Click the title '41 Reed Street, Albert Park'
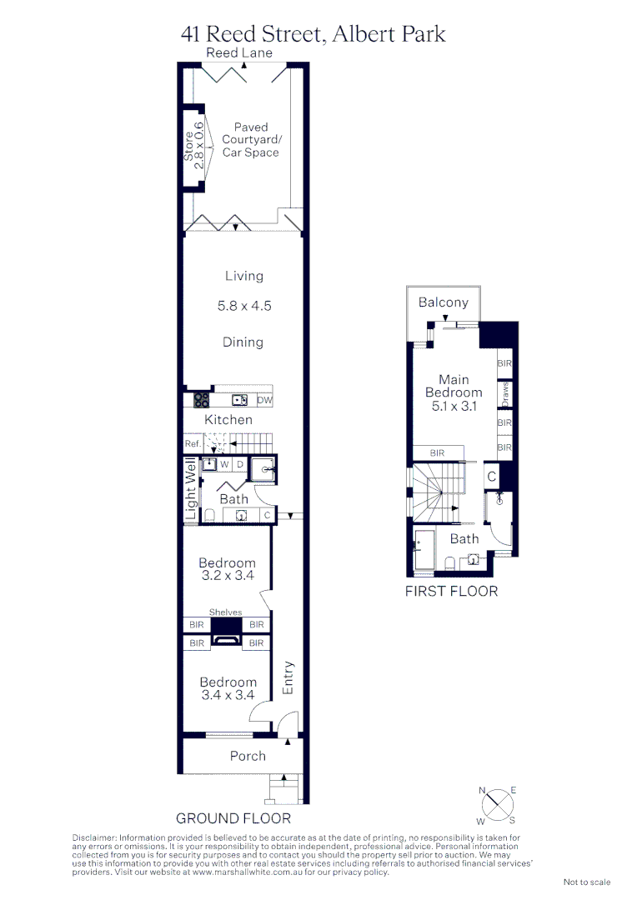pyautogui.click(x=313, y=33)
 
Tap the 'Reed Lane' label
pyautogui.click(x=239, y=53)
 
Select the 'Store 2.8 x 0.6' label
pyautogui.click(x=193, y=146)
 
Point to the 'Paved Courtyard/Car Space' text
pyautogui.click(x=250, y=140)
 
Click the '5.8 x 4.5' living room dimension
pyautogui.click(x=244, y=306)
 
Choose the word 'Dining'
pyautogui.click(x=243, y=342)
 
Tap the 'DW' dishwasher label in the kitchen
pyautogui.click(x=264, y=401)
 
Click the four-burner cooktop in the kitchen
pyautogui.click(x=201, y=400)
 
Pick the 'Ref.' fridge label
pyautogui.click(x=193, y=445)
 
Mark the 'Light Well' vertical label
pyautogui.click(x=190, y=490)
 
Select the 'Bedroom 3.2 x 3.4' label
pyautogui.click(x=227, y=569)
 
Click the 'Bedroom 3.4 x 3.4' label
pyautogui.click(x=227, y=688)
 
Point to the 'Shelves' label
pyautogui.click(x=225, y=612)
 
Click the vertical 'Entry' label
pyautogui.click(x=288, y=677)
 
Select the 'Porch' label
pyautogui.click(x=248, y=756)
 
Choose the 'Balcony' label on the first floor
pyautogui.click(x=443, y=302)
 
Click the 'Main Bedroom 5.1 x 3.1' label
pyautogui.click(x=454, y=392)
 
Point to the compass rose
pyautogui.click(x=497, y=805)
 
